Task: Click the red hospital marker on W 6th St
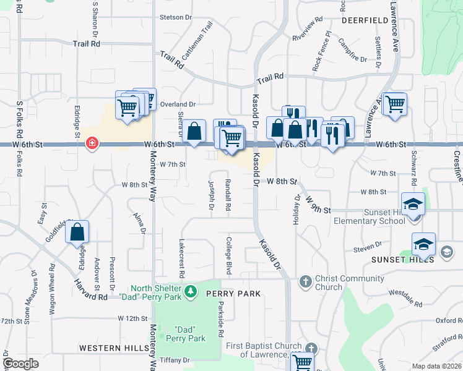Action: pos(92,143)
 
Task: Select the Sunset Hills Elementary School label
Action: pos(370,216)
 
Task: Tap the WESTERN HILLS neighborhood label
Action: pos(114,348)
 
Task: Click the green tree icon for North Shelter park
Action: pos(191,289)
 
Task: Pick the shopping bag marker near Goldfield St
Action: pos(77,233)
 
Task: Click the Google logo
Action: pos(21,364)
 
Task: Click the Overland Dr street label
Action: pos(178,104)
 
